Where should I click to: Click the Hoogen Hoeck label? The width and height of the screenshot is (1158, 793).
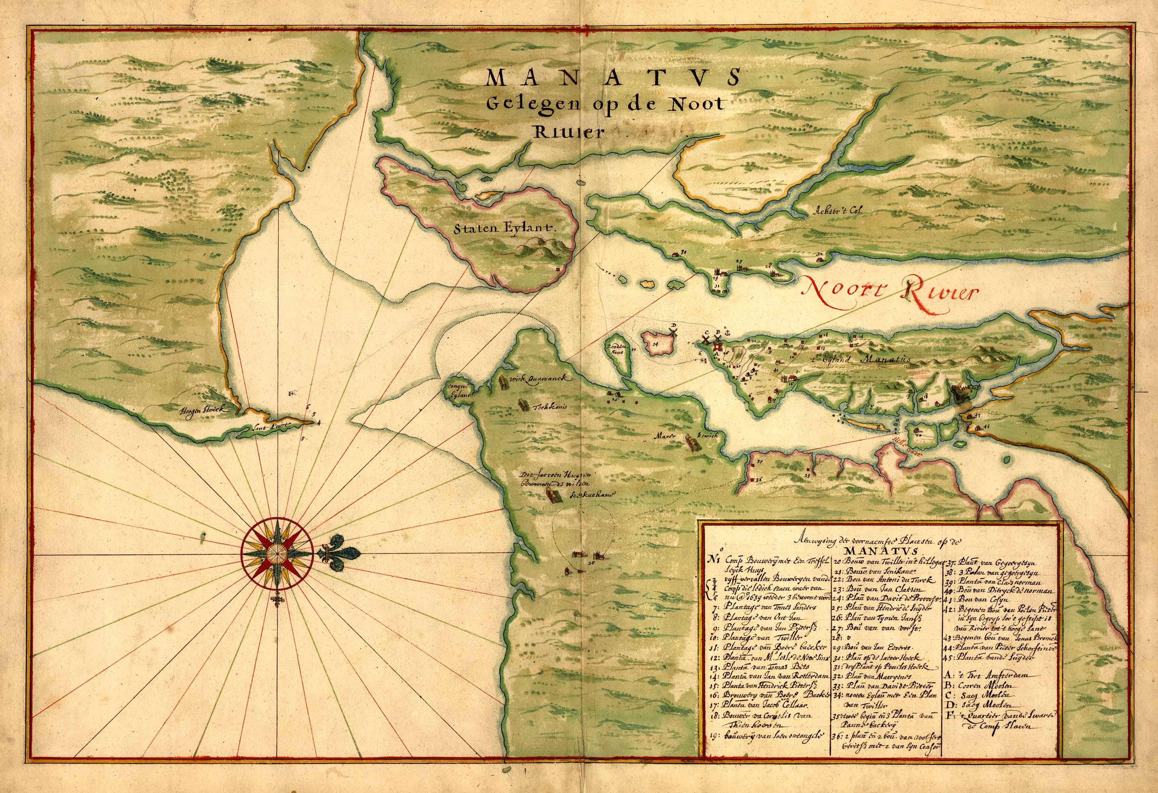204,410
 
